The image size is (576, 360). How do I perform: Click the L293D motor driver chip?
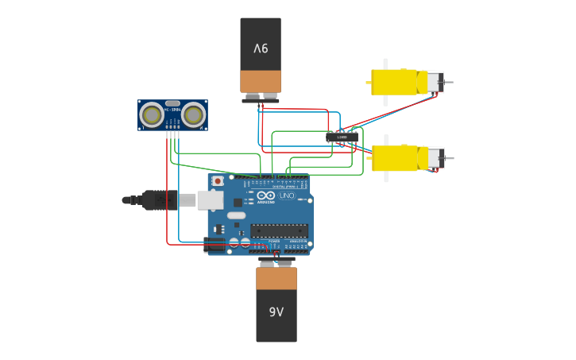click(x=342, y=137)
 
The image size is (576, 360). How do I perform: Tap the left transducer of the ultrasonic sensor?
click(x=151, y=115)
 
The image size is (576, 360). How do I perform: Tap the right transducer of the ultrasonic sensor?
click(x=193, y=115)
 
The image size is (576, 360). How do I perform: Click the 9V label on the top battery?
click(x=261, y=48)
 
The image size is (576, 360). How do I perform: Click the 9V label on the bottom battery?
click(x=276, y=312)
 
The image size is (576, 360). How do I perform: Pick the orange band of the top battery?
click(x=261, y=81)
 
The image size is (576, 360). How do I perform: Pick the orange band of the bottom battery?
click(x=276, y=278)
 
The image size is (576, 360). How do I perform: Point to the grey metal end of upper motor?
click(x=436, y=82)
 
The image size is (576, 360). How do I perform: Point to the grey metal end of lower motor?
click(x=436, y=158)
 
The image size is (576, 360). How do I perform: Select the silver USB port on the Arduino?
click(x=210, y=200)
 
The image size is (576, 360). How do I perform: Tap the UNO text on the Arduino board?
click(x=286, y=195)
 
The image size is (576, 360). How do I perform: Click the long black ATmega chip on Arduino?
click(x=279, y=230)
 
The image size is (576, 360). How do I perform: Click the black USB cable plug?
click(x=159, y=200)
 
